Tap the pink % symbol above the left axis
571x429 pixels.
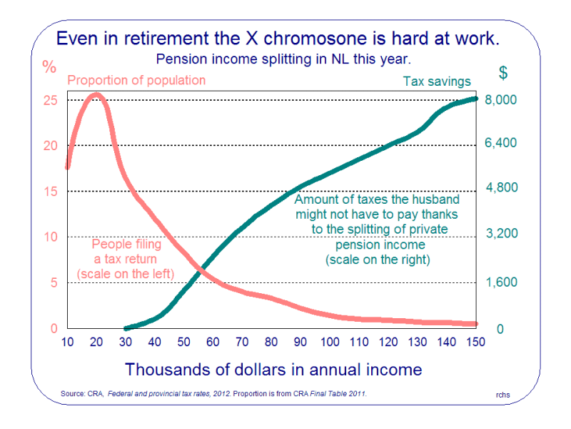coord(49,68)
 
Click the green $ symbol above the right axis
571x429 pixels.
coord(503,72)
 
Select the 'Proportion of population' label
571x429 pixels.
coord(136,80)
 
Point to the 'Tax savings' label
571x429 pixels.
coord(437,82)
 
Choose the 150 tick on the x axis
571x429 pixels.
coord(475,342)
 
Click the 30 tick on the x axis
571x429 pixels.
coord(126,342)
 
